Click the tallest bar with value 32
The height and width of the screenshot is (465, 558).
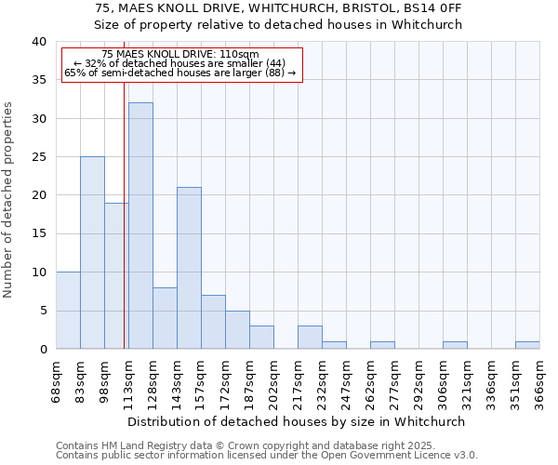140,226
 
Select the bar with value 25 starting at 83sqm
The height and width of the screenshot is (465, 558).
92,253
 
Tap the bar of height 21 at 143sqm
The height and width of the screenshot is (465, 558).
189,268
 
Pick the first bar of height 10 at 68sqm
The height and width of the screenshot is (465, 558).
68,311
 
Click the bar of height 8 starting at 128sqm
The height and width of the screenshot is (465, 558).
165,318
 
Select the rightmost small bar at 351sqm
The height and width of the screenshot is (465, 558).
527,345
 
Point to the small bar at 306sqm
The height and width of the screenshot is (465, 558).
455,345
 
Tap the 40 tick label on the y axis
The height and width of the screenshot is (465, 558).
38,42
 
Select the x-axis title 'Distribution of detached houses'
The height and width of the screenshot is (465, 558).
298,421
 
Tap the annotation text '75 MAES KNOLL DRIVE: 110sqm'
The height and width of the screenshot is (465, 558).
180,55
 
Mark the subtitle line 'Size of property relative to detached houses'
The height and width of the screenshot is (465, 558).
279,24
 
